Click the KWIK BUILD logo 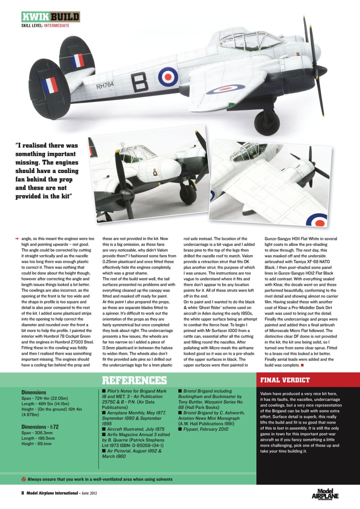pyautogui.click(x=51, y=17)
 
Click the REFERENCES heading pyautogui.click(x=134, y=381)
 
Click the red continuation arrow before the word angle pyautogui.click(x=16, y=239)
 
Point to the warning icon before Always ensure pyautogui.click(x=23, y=479)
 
